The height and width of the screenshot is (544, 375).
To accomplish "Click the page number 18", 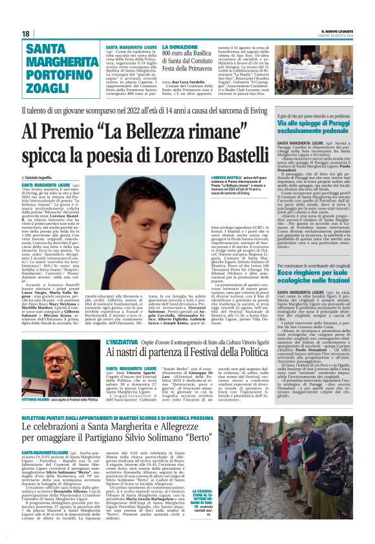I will [x=26, y=34].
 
